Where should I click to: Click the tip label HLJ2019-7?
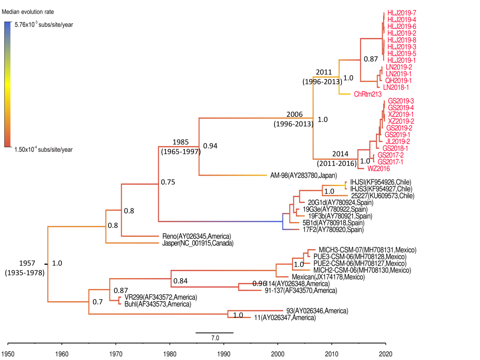click(401, 13)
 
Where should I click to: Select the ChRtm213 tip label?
click(367, 94)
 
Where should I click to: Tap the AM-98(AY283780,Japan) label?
click(303, 176)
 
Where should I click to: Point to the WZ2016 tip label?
click(379, 169)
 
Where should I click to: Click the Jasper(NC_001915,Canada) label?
click(198, 243)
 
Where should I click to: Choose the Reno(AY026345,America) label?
click(197, 236)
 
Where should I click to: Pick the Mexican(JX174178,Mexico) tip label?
click(328, 277)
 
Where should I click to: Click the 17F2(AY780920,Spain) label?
click(333, 230)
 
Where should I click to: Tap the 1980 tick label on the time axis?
click(169, 354)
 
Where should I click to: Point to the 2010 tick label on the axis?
click(332, 354)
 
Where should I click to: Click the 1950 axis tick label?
click(8, 354)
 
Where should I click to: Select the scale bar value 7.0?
click(215, 338)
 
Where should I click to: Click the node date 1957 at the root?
click(27, 263)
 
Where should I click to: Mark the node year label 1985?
click(181, 142)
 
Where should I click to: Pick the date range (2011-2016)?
click(336, 163)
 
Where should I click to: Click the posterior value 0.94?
click(210, 146)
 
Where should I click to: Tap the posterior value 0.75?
click(168, 182)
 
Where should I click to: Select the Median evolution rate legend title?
click(28, 12)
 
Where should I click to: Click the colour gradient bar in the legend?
click(8, 84)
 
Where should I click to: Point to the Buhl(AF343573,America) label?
click(158, 304)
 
